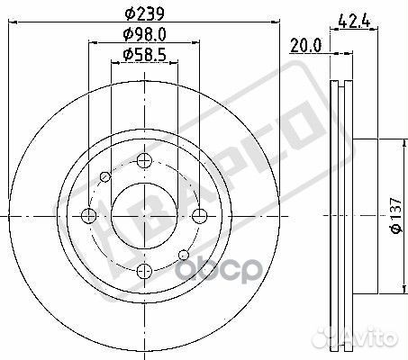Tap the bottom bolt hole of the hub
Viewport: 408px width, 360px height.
pyautogui.click(x=142, y=271)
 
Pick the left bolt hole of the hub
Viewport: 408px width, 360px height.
pyautogui.click(x=88, y=216)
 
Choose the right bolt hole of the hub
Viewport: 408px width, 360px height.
pyautogui.click(x=197, y=216)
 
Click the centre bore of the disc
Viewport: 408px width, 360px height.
pyautogui.click(x=142, y=216)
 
